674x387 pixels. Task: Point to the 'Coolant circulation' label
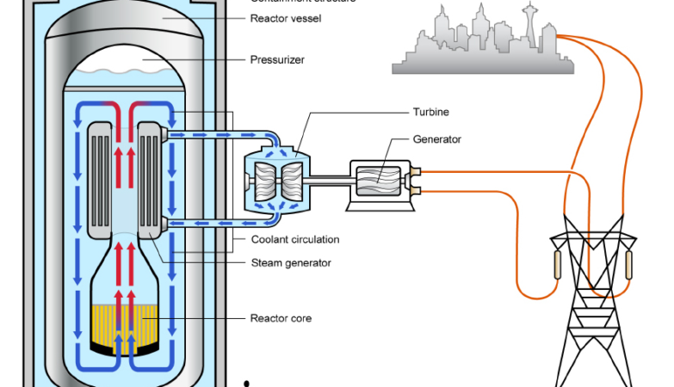tap(294, 239)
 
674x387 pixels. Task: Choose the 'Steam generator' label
tap(290, 262)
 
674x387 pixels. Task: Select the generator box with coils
tap(382, 183)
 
